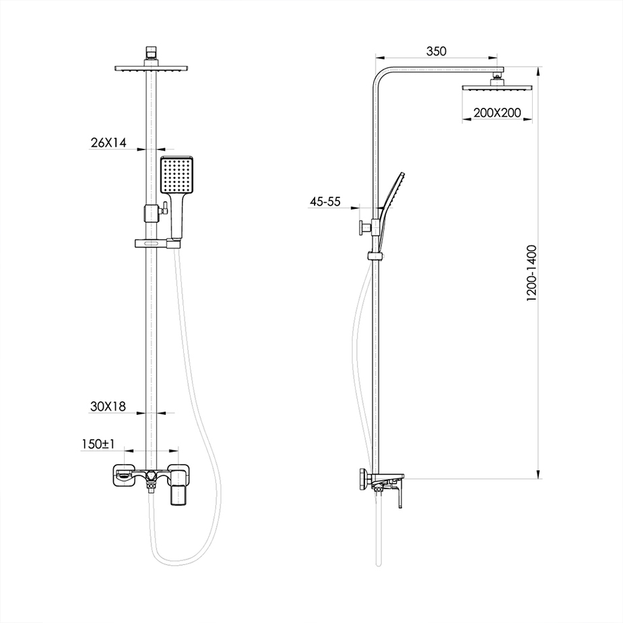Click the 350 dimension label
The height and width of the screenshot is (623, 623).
tap(436, 51)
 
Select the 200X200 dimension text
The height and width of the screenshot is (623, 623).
tap(496, 113)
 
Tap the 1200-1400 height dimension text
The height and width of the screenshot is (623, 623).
tap(531, 273)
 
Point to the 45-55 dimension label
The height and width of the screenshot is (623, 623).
tap(325, 201)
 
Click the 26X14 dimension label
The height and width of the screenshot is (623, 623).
tap(108, 142)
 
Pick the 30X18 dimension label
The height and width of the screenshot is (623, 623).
tap(108, 406)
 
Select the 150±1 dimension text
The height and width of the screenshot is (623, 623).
tap(98, 444)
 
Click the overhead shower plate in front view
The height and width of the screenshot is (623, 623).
tap(151, 69)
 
